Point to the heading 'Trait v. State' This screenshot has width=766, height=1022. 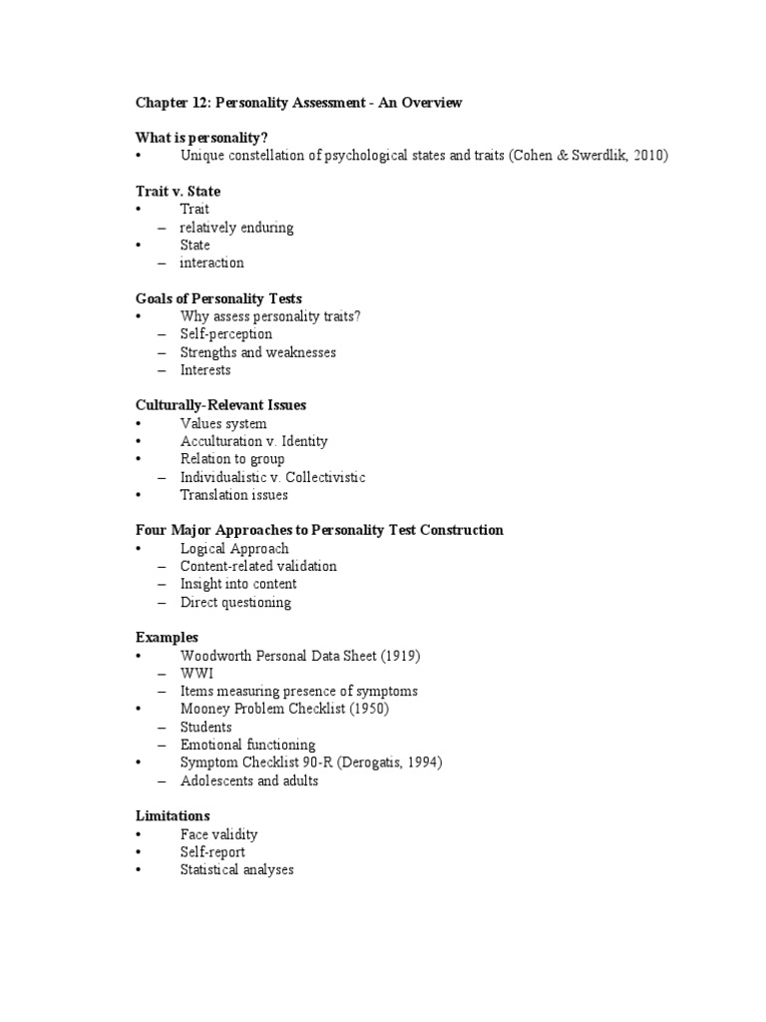click(x=178, y=191)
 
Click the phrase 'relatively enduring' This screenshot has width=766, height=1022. click(x=236, y=227)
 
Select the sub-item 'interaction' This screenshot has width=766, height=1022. click(x=211, y=262)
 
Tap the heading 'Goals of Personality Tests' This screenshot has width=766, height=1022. click(x=218, y=298)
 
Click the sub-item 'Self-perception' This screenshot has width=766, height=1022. click(x=225, y=334)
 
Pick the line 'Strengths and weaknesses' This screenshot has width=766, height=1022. click(x=257, y=352)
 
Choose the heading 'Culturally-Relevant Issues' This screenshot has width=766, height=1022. click(x=220, y=405)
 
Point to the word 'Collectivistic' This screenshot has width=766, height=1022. click(x=321, y=477)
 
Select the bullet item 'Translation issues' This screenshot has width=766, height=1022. click(x=233, y=495)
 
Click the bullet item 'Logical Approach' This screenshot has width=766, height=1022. click(x=234, y=548)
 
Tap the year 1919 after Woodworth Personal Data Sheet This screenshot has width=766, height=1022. click(x=402, y=656)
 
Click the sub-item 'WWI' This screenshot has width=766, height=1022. click(x=196, y=674)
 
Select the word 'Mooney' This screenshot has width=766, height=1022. click(x=205, y=709)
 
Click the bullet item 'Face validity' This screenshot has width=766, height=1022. click(x=218, y=834)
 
